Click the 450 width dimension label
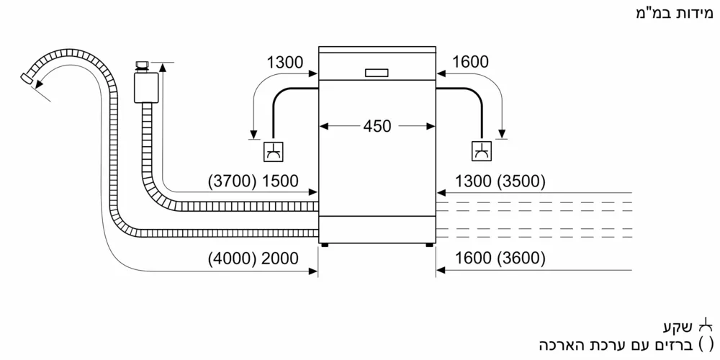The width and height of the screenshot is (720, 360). (x=377, y=126)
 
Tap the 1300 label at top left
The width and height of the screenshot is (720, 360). (x=284, y=63)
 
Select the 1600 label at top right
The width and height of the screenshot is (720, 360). (x=472, y=63)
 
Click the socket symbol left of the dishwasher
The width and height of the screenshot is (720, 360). (x=274, y=150)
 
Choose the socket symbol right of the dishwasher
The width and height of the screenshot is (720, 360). (x=480, y=150)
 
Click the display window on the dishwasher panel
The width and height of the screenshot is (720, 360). (x=377, y=72)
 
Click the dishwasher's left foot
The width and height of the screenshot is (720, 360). (x=325, y=244)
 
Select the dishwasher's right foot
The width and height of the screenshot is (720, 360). (x=429, y=244)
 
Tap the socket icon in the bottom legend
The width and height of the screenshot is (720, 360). (x=710, y=323)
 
